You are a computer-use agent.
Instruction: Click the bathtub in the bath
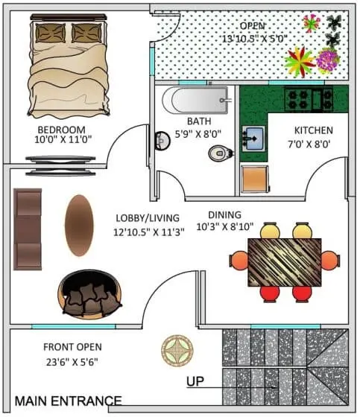point(195,100)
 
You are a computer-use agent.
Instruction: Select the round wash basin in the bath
point(162,141)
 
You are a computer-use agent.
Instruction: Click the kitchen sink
point(253,139)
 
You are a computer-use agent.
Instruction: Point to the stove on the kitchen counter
point(309,100)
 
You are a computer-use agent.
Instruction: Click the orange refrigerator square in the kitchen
point(255,179)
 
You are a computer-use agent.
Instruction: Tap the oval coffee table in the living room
point(79,225)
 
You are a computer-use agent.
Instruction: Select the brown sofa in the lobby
point(28,229)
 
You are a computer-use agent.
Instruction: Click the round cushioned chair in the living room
point(89,294)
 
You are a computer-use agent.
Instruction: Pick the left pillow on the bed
point(51,33)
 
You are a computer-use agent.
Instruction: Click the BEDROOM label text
point(62,130)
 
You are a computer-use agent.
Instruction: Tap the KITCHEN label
point(313,130)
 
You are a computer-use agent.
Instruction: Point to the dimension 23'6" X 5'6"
point(72,362)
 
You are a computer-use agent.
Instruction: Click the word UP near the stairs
point(195,381)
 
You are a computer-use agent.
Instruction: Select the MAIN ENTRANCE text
point(68,401)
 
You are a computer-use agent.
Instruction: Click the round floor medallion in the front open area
point(177,350)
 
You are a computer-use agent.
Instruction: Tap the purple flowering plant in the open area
point(328,60)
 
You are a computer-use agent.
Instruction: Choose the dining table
point(285,262)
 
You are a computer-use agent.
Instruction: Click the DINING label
point(224,214)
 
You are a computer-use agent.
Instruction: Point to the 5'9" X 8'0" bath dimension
point(198,134)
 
